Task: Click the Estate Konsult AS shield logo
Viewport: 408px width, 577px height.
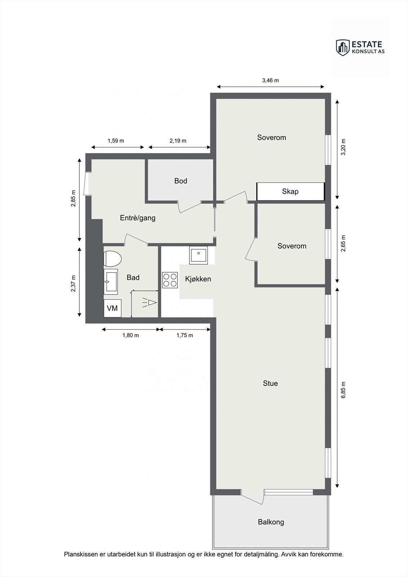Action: click(342, 47)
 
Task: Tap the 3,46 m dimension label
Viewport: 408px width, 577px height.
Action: click(270, 80)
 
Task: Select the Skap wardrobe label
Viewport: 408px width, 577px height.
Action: click(290, 191)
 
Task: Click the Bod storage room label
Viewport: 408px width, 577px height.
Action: click(181, 181)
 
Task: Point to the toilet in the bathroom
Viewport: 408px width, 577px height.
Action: click(112, 259)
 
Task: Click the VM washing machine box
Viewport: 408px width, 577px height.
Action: click(113, 308)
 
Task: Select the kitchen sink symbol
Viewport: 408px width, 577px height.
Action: click(198, 255)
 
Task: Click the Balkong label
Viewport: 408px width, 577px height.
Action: click(271, 522)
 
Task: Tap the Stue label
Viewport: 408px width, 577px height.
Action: click(270, 383)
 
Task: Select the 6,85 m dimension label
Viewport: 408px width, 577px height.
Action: click(343, 390)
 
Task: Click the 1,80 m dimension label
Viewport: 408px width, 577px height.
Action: click(131, 335)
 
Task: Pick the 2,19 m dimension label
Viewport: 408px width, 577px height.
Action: click(178, 141)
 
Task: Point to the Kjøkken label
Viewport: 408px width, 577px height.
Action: click(198, 279)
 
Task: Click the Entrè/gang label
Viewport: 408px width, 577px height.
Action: click(137, 218)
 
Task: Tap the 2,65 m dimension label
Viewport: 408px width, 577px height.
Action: click(343, 243)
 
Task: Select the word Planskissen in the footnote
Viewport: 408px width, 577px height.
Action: click(81, 554)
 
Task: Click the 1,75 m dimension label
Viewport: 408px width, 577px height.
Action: click(185, 335)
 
